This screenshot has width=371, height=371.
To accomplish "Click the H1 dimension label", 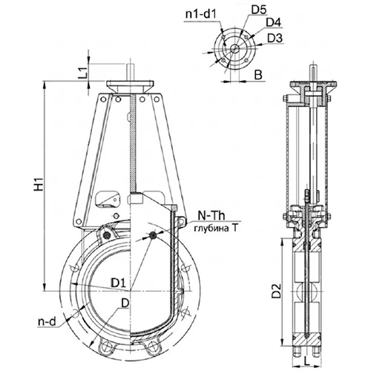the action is (39, 184).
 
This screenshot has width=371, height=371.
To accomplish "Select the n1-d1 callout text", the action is (201, 14).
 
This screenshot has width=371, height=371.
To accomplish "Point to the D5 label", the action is (259, 10).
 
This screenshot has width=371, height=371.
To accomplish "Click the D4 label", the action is (274, 23).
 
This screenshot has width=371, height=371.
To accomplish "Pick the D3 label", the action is (275, 39).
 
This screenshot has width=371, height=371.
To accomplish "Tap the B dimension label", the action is (258, 74).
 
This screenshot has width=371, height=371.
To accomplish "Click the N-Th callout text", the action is (211, 216).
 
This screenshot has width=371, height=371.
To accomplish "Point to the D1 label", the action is (119, 283).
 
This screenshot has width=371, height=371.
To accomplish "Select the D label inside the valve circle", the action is (125, 303).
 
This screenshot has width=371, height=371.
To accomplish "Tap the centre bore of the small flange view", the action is (234, 48).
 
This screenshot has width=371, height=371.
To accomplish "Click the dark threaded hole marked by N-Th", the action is (153, 235).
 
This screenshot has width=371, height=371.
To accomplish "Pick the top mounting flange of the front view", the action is (131, 87).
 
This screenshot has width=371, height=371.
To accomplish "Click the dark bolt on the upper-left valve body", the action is (108, 235).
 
